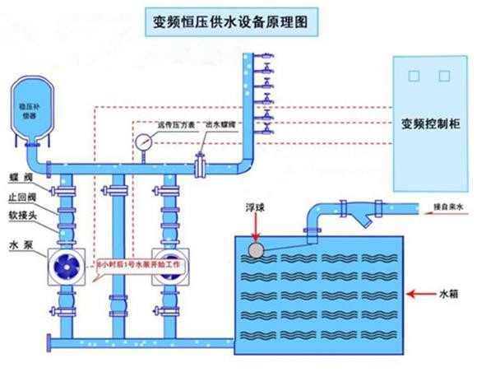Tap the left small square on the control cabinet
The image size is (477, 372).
pyautogui.click(x=414, y=74)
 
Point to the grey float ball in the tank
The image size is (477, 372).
pyautogui.click(x=256, y=249)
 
